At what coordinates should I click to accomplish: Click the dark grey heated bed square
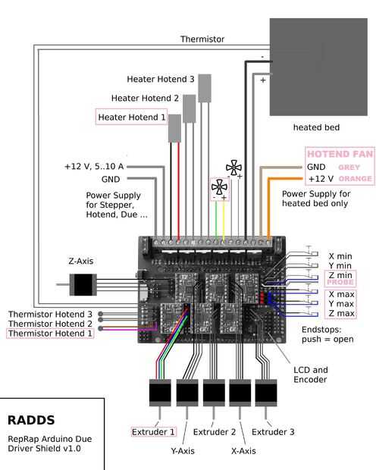pos(318,67)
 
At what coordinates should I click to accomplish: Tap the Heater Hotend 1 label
pos(132,117)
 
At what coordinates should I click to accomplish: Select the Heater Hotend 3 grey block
pos(205,88)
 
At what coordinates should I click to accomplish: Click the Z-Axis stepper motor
pos(83,284)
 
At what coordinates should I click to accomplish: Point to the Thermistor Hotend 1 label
pos(50,334)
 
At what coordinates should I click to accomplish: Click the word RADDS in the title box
pos(31,420)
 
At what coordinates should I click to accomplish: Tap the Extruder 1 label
pos(153,432)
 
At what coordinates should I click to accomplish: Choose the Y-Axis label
pos(183,451)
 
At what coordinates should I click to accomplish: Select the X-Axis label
pos(243,451)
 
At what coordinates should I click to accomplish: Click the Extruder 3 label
pos(273,432)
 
